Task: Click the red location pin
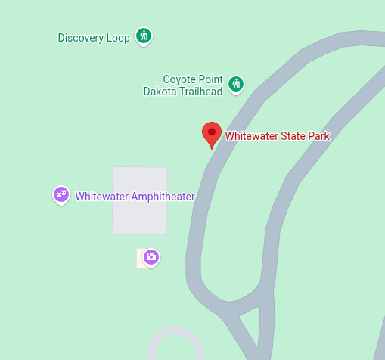[211, 134]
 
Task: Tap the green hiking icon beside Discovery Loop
[144, 36]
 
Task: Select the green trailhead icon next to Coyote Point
[236, 83]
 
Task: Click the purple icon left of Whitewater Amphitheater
[61, 194]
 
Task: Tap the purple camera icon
[151, 257]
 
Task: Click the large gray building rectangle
[140, 200]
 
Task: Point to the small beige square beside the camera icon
[140, 259]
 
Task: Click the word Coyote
[180, 79]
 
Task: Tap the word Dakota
[160, 92]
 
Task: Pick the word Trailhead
[200, 92]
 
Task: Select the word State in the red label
[293, 136]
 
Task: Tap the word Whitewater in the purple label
[102, 197]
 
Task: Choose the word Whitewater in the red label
[252, 136]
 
